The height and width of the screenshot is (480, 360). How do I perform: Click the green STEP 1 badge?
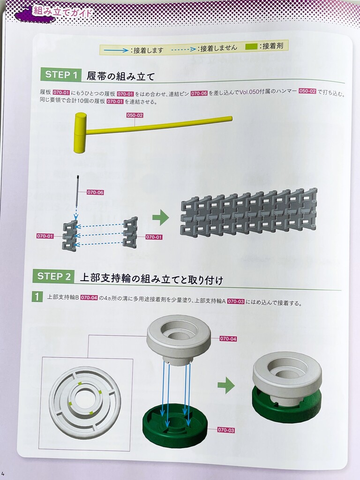pyautogui.click(x=61, y=75)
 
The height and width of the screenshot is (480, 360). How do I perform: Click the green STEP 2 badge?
pyautogui.click(x=53, y=277)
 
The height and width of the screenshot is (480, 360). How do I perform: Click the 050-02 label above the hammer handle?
pyautogui.click(x=135, y=115)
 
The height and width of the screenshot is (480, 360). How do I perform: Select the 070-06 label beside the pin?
pyautogui.click(x=95, y=192)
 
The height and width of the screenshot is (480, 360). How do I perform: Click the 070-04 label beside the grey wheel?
pyautogui.click(x=228, y=339)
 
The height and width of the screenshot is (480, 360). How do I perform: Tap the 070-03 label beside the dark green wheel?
pyautogui.click(x=226, y=430)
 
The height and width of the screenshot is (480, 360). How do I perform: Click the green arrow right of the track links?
pyautogui.click(x=161, y=218)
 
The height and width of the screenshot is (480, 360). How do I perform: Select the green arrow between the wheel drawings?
pyautogui.click(x=226, y=385)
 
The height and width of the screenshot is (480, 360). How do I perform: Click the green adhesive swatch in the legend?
pyautogui.click(x=251, y=47)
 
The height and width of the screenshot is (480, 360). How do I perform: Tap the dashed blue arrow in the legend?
pyautogui.click(x=183, y=49)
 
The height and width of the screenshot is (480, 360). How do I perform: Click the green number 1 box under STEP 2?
pyautogui.click(x=37, y=297)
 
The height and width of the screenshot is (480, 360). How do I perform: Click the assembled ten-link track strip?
pyautogui.click(x=248, y=214)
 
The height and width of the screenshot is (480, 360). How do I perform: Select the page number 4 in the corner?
pyautogui.click(x=3, y=475)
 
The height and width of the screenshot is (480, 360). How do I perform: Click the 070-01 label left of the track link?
pyautogui.click(x=45, y=236)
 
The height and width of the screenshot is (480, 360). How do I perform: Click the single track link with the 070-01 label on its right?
pyautogui.click(x=130, y=232)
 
